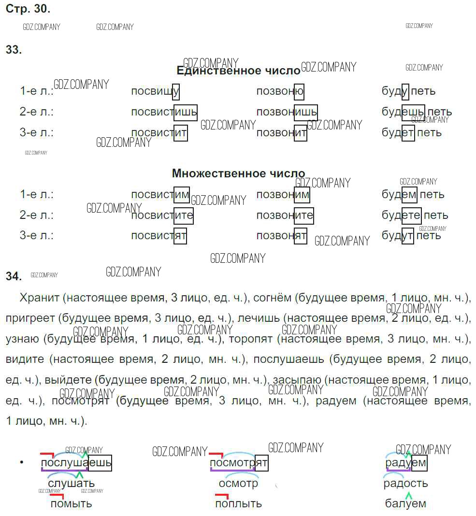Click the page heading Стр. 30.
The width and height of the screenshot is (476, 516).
(x=28, y=9)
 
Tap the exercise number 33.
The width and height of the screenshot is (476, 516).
(x=14, y=50)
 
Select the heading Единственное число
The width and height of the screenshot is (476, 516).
(x=238, y=71)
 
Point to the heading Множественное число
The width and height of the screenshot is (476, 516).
(x=238, y=173)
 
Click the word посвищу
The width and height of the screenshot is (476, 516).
(x=155, y=91)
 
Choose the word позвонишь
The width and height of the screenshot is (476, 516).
(x=287, y=112)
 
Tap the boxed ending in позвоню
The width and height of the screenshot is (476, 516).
(x=299, y=91)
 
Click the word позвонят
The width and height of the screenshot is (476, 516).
(x=281, y=236)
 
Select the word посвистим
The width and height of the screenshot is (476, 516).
(x=160, y=195)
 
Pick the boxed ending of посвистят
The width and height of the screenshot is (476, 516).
(x=180, y=236)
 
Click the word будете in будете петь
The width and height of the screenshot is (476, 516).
(x=401, y=215)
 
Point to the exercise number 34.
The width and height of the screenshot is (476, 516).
(x=14, y=276)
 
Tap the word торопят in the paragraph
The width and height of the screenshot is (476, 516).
(x=251, y=339)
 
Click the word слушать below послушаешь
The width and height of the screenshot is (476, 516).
(x=71, y=484)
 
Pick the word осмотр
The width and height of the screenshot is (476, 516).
(x=238, y=484)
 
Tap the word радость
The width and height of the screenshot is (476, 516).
(x=405, y=484)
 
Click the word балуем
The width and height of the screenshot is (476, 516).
(x=405, y=503)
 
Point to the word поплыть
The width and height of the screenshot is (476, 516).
(x=238, y=503)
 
